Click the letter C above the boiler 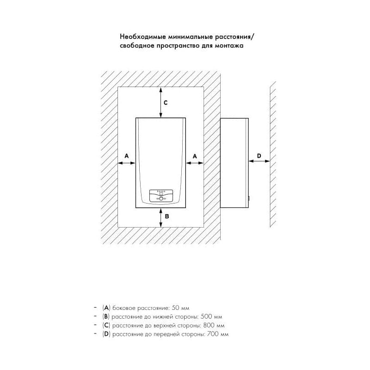[166, 103]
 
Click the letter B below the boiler [167, 216]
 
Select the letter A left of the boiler [127, 156]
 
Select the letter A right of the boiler [195, 156]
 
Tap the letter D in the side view [259, 156]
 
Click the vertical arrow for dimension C [160, 102]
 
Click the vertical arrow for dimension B [160, 217]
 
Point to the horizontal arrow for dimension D [259, 161]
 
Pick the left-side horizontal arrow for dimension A [126, 163]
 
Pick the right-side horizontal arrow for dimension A [195, 163]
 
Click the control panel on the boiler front [161, 196]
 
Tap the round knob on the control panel [161, 199]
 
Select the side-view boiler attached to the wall [234, 163]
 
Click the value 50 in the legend [176, 308]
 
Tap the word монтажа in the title [229, 45]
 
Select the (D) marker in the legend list [106, 334]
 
